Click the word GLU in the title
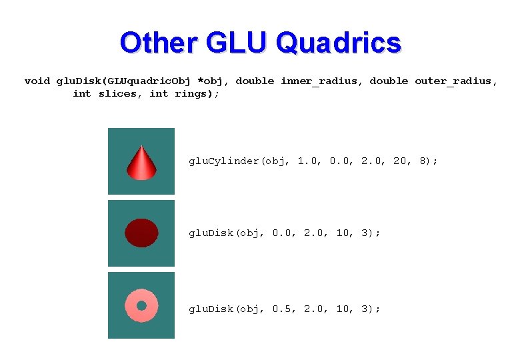click(235, 43)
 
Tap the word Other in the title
click(158, 43)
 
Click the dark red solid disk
click(141, 233)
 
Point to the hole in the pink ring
click(141, 305)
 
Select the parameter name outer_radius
click(455, 81)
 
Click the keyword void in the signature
click(37, 81)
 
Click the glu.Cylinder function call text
click(225, 161)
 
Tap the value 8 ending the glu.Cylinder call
click(424, 161)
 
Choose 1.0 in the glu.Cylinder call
click(308, 161)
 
